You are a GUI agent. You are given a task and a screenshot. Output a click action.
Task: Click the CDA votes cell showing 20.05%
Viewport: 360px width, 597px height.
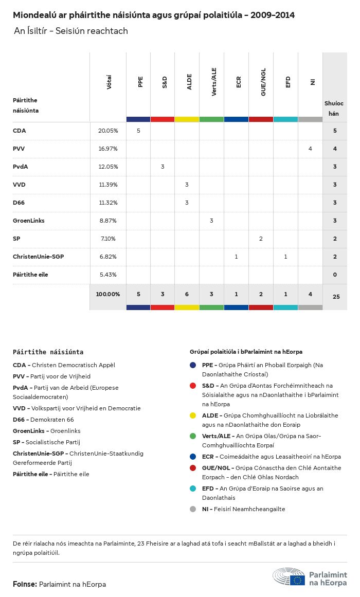108,131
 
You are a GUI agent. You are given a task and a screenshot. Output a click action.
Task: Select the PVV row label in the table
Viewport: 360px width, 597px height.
19,149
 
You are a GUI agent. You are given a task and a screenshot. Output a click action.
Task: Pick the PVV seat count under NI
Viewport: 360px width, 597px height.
310,149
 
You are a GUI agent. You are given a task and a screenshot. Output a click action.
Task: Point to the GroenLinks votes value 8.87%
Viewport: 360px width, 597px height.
108,221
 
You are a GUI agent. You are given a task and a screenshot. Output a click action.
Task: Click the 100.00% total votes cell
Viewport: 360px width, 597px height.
108,294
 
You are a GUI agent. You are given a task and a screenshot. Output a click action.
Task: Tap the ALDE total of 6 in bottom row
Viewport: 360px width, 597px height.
187,294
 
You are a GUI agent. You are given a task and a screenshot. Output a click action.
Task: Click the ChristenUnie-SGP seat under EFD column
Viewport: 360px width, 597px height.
285,257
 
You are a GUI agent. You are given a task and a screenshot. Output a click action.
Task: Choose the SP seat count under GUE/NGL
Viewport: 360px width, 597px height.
261,239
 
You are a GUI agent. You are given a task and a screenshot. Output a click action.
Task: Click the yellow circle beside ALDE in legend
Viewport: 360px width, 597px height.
193,415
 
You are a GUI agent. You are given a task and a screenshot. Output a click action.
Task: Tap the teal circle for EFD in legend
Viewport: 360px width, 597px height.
193,489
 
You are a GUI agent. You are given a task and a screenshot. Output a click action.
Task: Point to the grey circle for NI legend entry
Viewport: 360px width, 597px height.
193,509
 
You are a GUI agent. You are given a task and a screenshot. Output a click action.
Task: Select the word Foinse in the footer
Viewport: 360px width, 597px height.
25,584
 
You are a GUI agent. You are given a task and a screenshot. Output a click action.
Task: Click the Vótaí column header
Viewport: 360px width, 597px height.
109,82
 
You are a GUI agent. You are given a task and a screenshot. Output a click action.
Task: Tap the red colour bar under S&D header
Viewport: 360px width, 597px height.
162,119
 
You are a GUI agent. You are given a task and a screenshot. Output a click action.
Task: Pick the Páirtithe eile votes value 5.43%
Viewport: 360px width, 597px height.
108,275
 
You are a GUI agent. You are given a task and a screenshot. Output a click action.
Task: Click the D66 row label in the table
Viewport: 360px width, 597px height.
19,203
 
